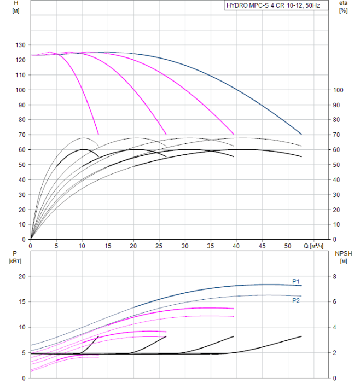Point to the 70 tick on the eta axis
336,135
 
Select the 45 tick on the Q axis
262,246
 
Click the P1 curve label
296,282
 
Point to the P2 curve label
296,300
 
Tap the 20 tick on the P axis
22,277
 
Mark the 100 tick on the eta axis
338,90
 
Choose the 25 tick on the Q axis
159,246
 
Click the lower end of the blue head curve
301,134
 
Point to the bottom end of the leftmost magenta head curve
98,134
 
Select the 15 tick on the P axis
22,302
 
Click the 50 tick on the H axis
24,165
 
